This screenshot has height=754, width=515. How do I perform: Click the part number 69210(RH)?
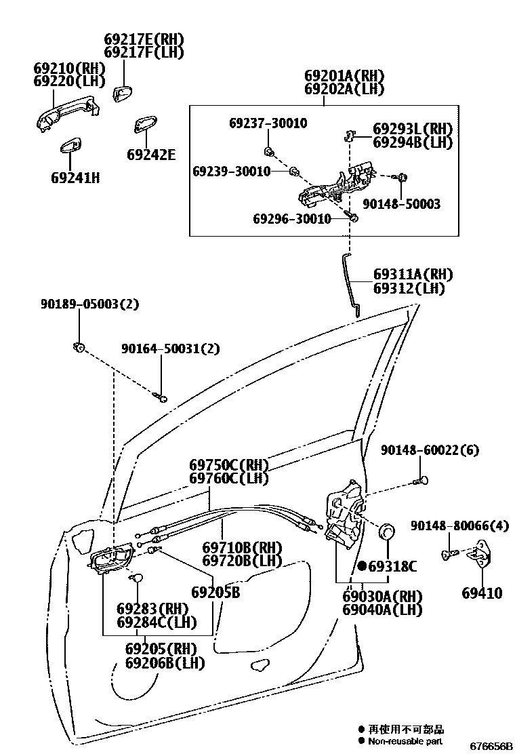pyautogui.click(x=70, y=68)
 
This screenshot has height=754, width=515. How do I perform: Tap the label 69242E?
pyautogui.click(x=150, y=155)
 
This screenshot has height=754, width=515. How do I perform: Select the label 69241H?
pyautogui.click(x=75, y=178)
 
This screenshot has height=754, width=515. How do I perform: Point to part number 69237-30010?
pyautogui.click(x=268, y=123)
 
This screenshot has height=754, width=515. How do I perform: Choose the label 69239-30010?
pyautogui.click(x=231, y=171)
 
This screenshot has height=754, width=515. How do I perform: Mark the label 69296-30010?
pyautogui.click(x=292, y=218)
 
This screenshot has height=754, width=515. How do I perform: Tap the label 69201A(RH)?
pyautogui.click(x=344, y=75)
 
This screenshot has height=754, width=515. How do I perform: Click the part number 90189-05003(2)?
pyautogui.click(x=89, y=304)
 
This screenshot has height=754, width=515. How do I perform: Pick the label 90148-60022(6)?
pyautogui.click(x=430, y=450)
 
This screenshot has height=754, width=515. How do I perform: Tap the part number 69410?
pyautogui.click(x=482, y=593)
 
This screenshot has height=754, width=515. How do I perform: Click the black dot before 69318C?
pyautogui.click(x=362, y=565)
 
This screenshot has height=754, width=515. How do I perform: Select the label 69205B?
pyautogui.click(x=215, y=592)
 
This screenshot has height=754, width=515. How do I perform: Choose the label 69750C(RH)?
pyautogui.click(x=229, y=465)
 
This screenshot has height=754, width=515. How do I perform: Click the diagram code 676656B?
pyautogui.click(x=493, y=746)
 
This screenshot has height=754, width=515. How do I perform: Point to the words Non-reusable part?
pyautogui.click(x=405, y=742)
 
